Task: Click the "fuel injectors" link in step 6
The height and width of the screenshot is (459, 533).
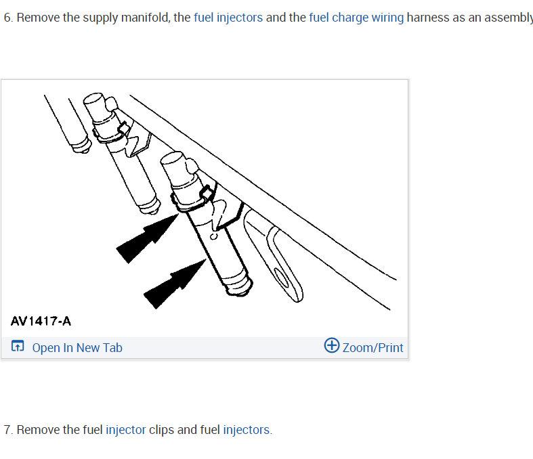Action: click(228, 18)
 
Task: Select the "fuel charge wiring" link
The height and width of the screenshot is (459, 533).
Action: click(356, 18)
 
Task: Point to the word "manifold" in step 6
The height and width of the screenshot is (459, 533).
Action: click(139, 18)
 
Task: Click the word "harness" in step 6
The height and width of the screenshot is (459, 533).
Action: click(428, 18)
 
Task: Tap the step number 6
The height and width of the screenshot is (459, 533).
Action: click(7, 18)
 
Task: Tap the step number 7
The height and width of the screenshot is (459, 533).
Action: click(7, 430)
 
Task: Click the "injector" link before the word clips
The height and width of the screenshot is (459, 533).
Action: click(125, 430)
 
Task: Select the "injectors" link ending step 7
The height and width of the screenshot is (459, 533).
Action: click(247, 430)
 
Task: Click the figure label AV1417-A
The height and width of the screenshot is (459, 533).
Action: click(41, 321)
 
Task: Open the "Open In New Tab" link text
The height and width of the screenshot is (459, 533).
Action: click(77, 348)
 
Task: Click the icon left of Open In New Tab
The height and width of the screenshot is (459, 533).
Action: click(18, 347)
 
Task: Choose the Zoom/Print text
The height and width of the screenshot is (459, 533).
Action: click(372, 348)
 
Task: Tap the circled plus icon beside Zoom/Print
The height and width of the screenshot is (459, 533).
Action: click(332, 346)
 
